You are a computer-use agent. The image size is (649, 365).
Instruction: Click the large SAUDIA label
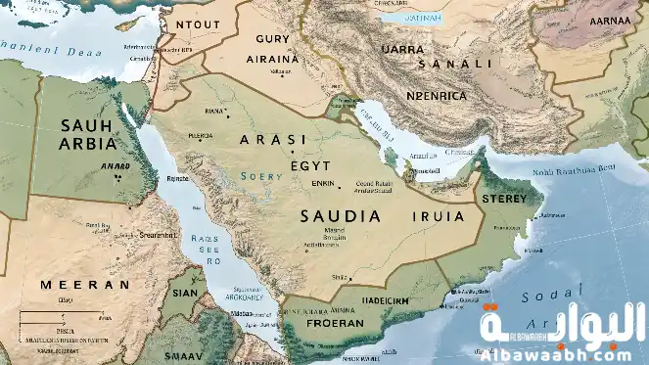point(342,215)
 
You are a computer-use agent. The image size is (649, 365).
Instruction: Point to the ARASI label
point(273,140)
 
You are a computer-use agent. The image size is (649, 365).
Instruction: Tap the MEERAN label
point(84,284)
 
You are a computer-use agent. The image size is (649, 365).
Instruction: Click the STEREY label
point(505,198)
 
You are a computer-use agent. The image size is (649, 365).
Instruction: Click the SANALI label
point(455,64)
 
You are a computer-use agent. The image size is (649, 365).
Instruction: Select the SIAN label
point(185,290)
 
